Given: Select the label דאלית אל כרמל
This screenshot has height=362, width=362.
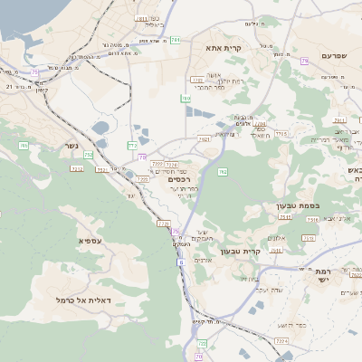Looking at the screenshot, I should click(83, 300).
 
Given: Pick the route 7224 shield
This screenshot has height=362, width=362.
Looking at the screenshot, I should click(281, 341).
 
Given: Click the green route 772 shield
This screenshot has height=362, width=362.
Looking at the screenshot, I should click(133, 145).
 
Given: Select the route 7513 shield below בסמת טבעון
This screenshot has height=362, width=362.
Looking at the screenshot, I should click(285, 217).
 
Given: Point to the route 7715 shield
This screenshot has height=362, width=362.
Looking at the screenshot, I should click(281, 134).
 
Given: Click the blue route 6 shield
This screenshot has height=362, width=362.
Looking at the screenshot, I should click(180, 262).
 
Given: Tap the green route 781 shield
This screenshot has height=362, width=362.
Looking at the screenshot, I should click(175, 41).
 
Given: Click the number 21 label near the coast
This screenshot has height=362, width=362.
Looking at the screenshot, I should click(9, 86).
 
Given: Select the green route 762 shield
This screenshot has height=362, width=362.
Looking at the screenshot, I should click(222, 171).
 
